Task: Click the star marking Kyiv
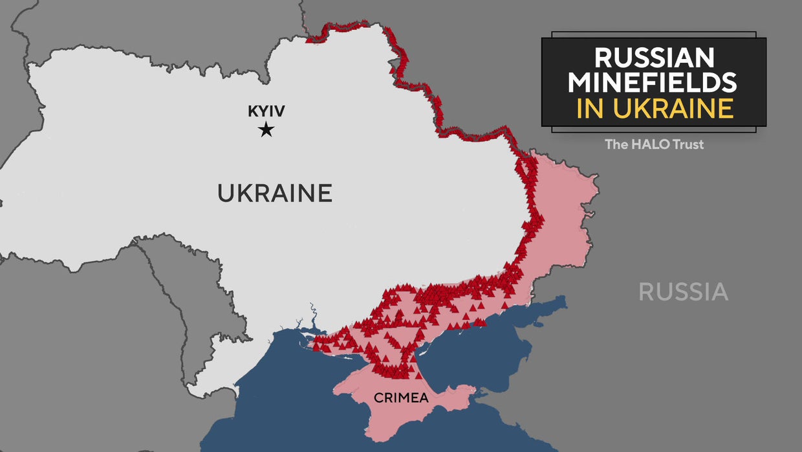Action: coord(266,130)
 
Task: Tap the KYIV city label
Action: coord(266,111)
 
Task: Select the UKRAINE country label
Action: coord(274,193)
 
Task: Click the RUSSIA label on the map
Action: coord(683,292)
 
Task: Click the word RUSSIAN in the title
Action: coord(654,58)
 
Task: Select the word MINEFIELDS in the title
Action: coord(654,83)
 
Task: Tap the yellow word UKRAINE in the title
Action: coord(673,108)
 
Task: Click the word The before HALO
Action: coord(616,144)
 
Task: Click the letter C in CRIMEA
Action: coord(377,397)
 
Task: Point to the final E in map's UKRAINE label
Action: coord(325,193)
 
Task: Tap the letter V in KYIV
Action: coord(279,111)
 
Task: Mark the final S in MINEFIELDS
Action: coord(730,83)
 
